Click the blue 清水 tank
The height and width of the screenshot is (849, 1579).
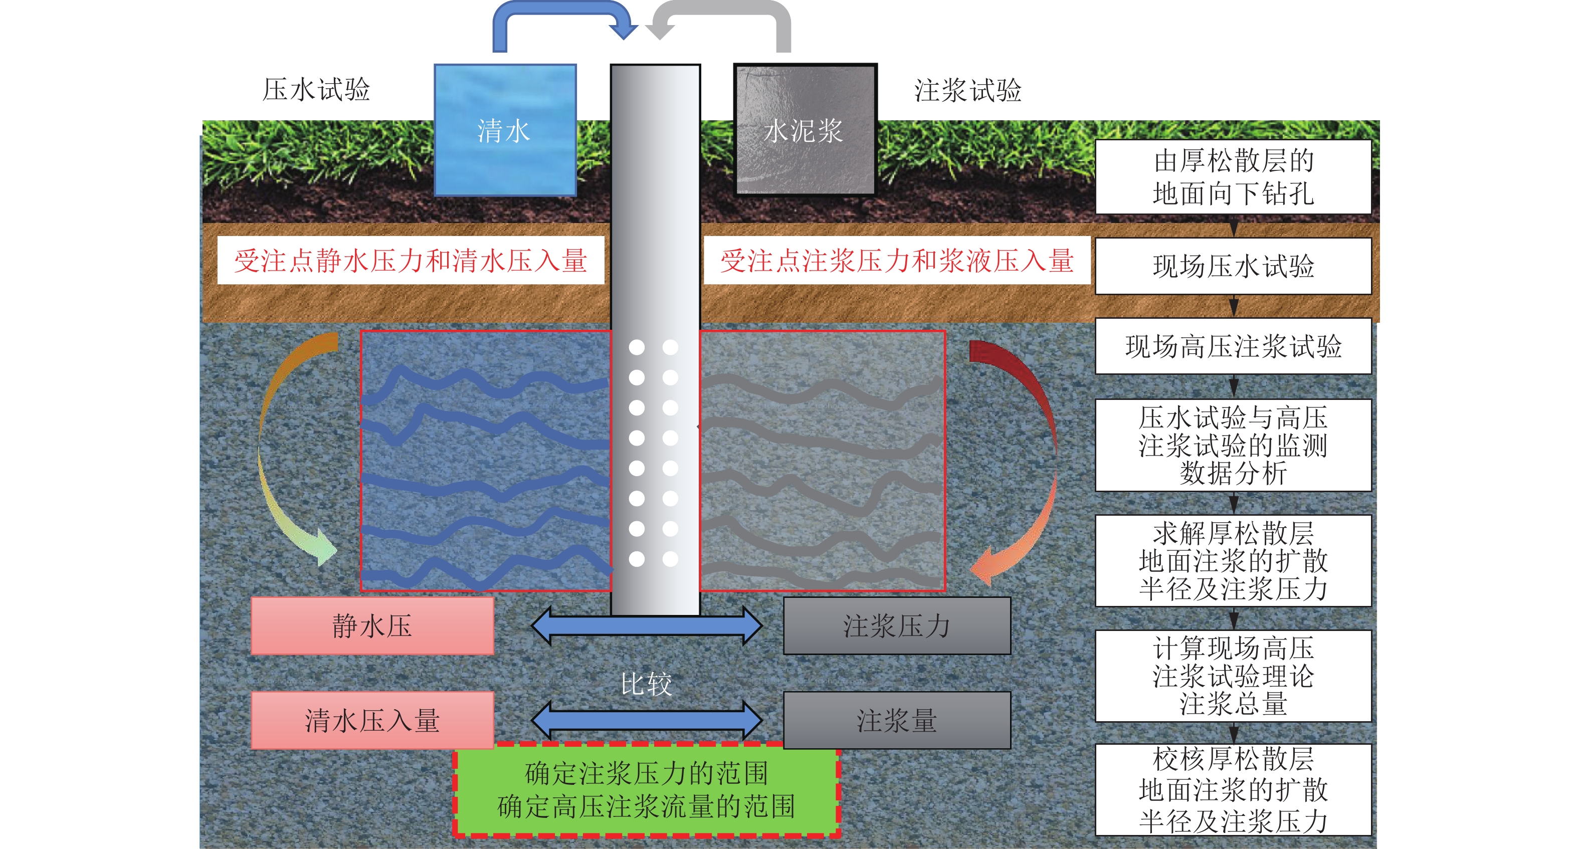tap(505, 130)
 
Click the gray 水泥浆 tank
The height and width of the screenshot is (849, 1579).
tap(805, 130)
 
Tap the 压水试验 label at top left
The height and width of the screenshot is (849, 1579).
tap(316, 90)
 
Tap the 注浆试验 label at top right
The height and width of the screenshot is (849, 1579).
tap(968, 91)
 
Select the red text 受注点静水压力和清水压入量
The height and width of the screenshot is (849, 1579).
tap(411, 261)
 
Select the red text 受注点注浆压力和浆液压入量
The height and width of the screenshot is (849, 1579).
tap(897, 261)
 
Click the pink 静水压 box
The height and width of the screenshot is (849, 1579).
tap(372, 626)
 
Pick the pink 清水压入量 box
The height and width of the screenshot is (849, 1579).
tap(372, 720)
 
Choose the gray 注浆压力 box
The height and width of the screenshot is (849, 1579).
tap(897, 626)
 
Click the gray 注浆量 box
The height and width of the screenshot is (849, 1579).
tap(897, 720)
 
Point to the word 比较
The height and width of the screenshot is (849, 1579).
tap(646, 684)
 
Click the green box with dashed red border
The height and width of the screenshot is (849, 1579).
tap(646, 789)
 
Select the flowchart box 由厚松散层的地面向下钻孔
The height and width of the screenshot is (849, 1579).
tap(1233, 176)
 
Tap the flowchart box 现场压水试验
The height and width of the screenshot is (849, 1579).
tap(1233, 266)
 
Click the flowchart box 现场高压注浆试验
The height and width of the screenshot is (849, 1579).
tap(1233, 346)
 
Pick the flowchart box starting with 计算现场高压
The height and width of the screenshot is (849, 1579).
tap(1233, 676)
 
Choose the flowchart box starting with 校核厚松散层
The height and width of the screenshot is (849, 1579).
tap(1233, 789)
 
